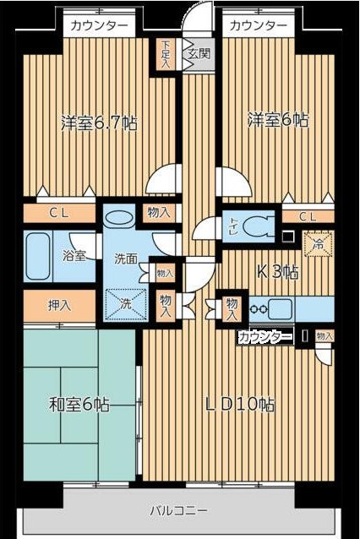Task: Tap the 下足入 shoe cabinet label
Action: pos(166,52)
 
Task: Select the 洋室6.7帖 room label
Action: pos(99,122)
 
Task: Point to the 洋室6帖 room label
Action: pos(278,119)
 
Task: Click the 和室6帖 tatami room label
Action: pos(79,405)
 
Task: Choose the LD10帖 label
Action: pos(240,404)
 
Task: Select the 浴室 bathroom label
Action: pos(73,254)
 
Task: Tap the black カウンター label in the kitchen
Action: pos(265,336)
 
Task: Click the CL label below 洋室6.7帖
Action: pos(58,214)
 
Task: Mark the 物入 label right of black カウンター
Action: pos(325,336)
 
